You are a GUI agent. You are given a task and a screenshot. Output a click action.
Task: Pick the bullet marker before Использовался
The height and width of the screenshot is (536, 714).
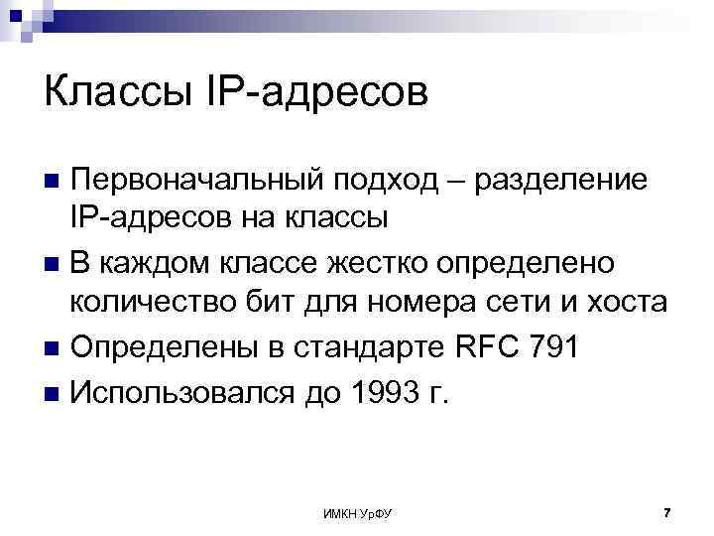click(54, 393)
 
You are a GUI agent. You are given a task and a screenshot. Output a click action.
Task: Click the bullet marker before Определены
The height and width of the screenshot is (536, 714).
click(54, 350)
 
